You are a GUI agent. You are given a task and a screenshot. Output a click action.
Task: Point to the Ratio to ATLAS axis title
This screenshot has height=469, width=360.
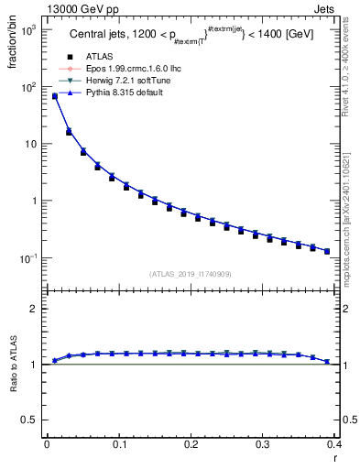click(x=12, y=366)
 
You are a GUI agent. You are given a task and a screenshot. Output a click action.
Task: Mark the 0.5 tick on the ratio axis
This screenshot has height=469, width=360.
click(x=27, y=420)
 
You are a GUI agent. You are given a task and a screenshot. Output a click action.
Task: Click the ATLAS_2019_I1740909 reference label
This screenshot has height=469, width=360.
click(x=191, y=274)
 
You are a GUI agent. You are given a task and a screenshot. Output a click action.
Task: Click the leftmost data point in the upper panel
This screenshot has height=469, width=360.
click(x=54, y=95)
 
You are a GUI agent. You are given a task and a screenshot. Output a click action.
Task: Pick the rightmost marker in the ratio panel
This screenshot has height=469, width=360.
click(x=327, y=362)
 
